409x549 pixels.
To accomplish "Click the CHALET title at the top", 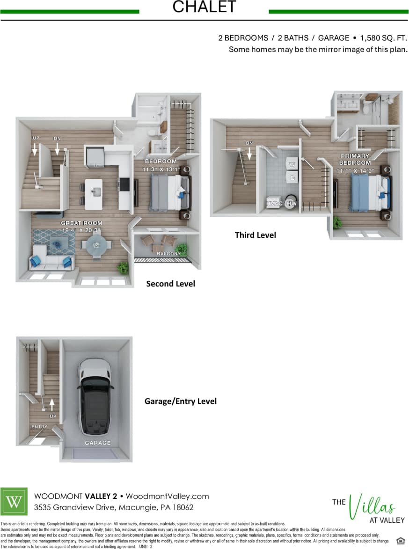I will [x=204, y=7].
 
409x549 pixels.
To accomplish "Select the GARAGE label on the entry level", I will [x=98, y=443].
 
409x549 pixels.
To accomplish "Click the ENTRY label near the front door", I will [x=39, y=427].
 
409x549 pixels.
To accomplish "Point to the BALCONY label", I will [x=168, y=254].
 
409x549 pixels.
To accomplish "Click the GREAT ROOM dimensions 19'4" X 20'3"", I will [x=81, y=230].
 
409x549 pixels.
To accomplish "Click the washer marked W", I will [x=292, y=164].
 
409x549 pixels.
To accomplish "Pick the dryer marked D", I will [x=292, y=178].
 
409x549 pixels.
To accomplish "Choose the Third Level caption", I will [x=255, y=235].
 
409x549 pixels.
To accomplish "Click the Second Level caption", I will [x=170, y=284].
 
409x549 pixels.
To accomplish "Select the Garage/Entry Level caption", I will [x=180, y=401].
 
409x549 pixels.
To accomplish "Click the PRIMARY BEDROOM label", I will [x=355, y=159].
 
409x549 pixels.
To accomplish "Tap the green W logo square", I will [x=14, y=501].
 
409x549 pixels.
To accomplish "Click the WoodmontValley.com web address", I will [x=167, y=496].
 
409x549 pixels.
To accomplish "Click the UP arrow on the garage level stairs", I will [x=52, y=403].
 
